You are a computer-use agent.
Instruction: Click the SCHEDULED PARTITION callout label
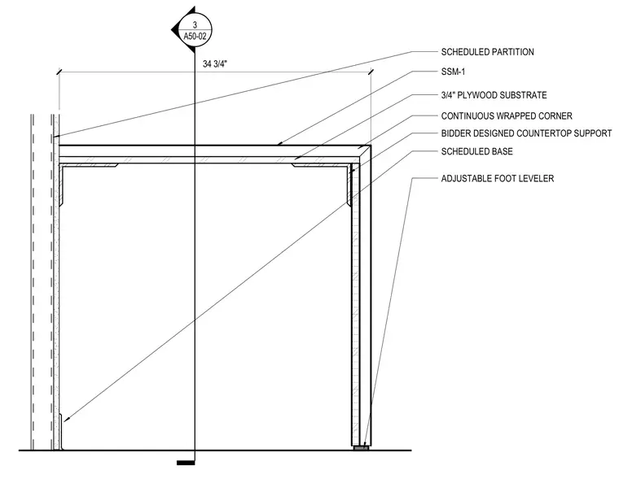click(487, 52)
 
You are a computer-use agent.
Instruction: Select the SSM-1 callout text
click(453, 72)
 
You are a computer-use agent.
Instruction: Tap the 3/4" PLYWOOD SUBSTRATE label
click(494, 95)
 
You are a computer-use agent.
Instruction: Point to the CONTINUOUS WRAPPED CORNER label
click(507, 115)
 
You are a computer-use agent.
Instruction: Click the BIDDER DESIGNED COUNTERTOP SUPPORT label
click(526, 133)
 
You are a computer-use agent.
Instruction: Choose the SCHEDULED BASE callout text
click(477, 151)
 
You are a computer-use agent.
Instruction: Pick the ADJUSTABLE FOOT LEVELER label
click(498, 178)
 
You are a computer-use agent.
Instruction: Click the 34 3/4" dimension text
click(215, 63)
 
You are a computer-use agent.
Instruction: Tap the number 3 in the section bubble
click(195, 25)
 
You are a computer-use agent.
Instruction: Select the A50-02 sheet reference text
click(195, 37)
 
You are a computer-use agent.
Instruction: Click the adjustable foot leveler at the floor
click(361, 448)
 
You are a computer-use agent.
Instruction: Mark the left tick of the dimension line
click(59, 72)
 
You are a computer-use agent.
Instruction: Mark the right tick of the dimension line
click(371, 72)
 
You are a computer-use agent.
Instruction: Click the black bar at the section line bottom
click(186, 463)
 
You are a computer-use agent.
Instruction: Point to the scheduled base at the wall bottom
click(61, 432)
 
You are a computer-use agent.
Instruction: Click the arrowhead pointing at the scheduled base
click(67, 419)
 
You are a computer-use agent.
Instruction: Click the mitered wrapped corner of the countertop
click(365, 152)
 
